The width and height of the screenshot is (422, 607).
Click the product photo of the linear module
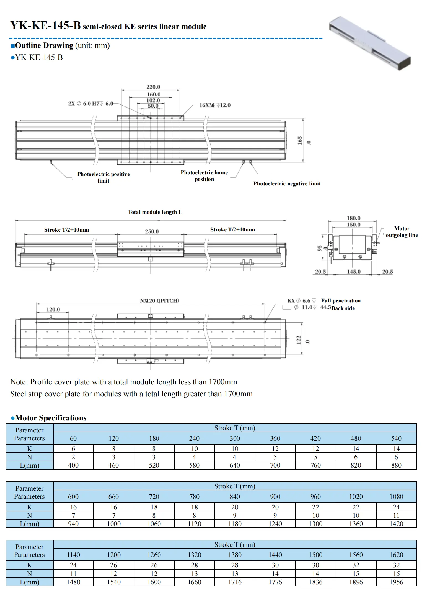point(370,43)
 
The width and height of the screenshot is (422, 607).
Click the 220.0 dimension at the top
point(153,87)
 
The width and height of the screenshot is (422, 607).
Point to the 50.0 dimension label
point(153,106)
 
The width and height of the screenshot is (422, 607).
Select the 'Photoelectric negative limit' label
point(287,184)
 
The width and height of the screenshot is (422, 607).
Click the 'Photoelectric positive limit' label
point(103,177)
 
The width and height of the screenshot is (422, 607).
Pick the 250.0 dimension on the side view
point(152,231)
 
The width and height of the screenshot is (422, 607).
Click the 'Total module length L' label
point(155,212)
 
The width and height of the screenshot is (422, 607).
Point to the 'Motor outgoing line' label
point(402,232)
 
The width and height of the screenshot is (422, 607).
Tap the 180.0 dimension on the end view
point(354,218)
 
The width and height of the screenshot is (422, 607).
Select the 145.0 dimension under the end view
point(354,272)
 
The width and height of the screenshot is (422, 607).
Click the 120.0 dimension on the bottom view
point(53,310)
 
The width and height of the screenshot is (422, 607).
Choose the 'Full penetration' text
point(341,301)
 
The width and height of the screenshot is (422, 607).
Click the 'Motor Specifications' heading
point(51,418)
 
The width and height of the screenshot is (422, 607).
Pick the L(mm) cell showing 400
point(73,465)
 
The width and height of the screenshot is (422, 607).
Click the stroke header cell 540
point(396,438)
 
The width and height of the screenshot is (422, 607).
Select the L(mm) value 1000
point(114,524)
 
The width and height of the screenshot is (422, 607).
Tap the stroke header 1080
point(396,497)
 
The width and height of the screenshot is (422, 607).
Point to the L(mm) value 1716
point(235,582)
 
